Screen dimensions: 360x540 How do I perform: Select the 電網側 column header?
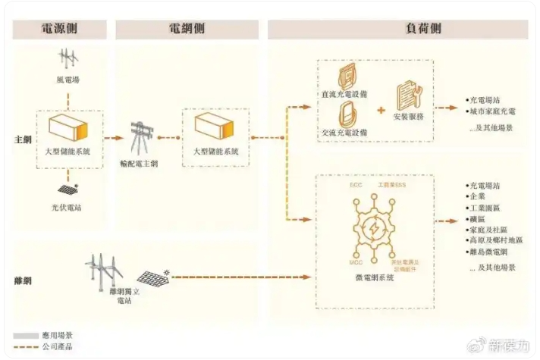(x=187, y=30)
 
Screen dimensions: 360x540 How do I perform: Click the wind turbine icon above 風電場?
(x=69, y=60)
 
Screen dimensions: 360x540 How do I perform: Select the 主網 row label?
(x=23, y=141)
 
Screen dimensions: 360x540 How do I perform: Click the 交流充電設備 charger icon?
(x=348, y=115)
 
